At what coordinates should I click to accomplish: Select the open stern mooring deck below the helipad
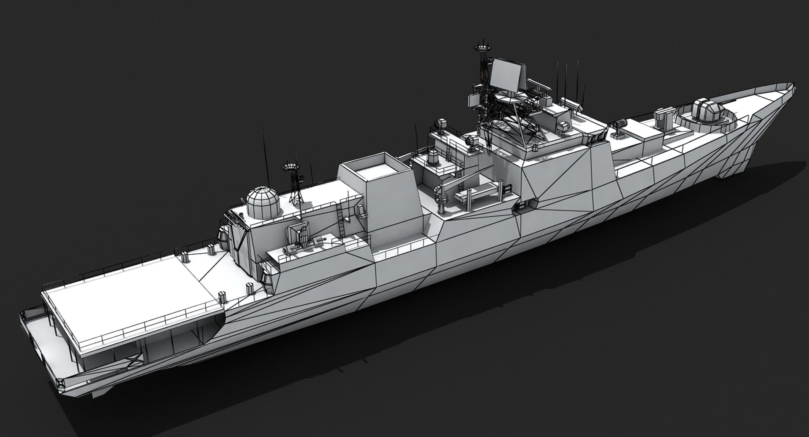[46, 333]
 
